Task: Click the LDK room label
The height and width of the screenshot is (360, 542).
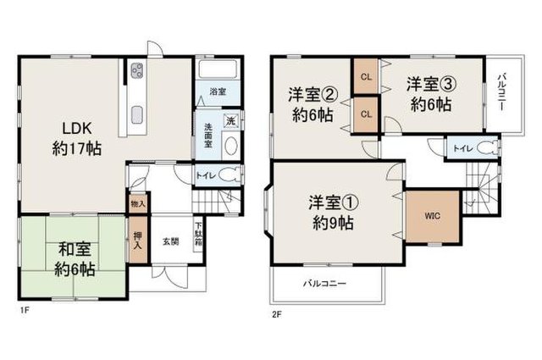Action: click(x=77, y=139)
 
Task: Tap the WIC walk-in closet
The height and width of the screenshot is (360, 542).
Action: click(x=433, y=216)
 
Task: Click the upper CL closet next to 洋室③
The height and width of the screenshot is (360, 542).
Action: click(x=366, y=77)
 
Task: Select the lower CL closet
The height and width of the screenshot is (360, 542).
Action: click(x=366, y=114)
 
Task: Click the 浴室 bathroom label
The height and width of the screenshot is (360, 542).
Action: click(x=218, y=91)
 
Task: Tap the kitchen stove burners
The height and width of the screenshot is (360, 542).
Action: click(x=137, y=70)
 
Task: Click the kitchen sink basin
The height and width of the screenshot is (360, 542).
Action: click(x=137, y=115)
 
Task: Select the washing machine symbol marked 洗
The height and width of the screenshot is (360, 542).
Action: click(x=230, y=121)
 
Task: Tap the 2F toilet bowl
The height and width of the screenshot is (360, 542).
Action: click(x=487, y=149)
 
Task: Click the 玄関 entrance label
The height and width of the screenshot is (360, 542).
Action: click(x=171, y=241)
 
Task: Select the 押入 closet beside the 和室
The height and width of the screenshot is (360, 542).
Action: click(x=138, y=240)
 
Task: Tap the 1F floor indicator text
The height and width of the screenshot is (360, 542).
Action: click(x=24, y=310)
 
